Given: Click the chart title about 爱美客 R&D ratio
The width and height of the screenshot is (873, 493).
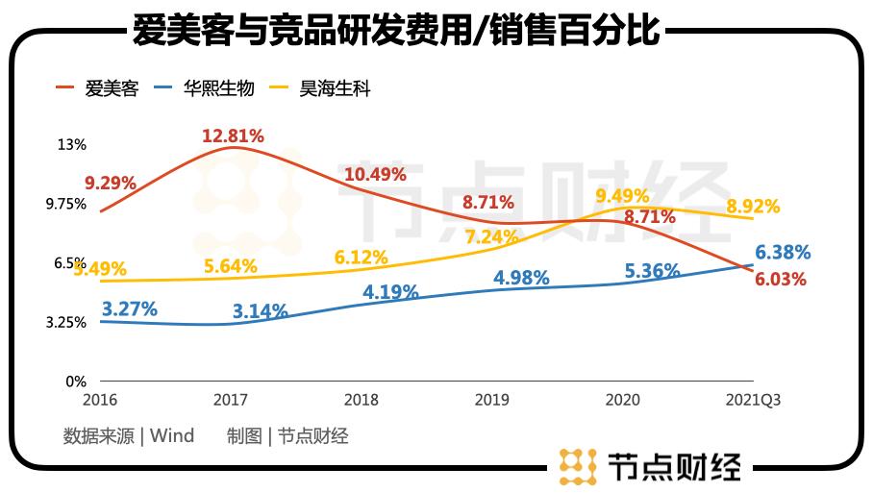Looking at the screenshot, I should (395, 30).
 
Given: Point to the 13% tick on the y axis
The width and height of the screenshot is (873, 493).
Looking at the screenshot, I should (72, 145).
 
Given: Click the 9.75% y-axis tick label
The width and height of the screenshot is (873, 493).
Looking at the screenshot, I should (65, 204).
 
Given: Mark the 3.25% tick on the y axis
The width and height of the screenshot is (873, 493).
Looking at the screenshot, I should (65, 322).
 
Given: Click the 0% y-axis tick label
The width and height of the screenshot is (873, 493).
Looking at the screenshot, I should (76, 382).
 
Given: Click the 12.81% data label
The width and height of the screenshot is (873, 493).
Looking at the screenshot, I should (233, 136).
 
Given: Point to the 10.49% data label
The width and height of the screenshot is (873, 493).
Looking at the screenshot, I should (375, 174).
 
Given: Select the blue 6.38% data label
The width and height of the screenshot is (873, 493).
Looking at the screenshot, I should (783, 253).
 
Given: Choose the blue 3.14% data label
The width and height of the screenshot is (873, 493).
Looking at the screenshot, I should (261, 310).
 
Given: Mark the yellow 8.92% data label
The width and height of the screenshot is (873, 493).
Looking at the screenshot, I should (753, 206).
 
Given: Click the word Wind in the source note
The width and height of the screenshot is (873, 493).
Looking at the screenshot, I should (172, 436).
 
